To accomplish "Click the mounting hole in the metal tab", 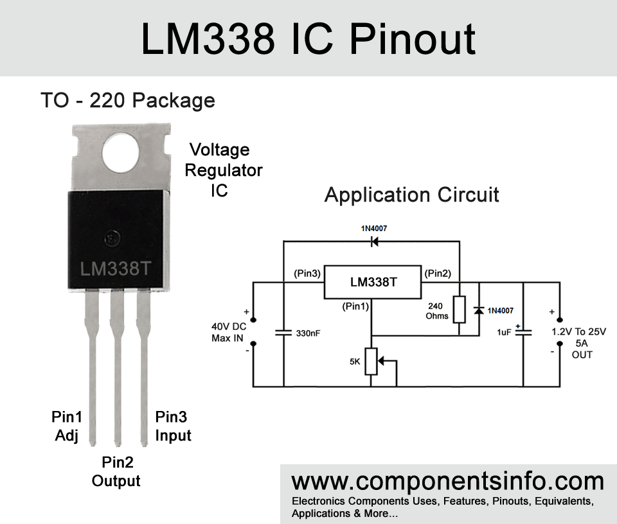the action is (120, 153).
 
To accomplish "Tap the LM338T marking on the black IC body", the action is (115, 269).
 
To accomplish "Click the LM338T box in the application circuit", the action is (373, 282).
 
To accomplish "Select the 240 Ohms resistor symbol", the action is (459, 310).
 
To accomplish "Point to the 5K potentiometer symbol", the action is (371, 362).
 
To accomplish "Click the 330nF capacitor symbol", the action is (283, 333).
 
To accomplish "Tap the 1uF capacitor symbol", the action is (523, 331).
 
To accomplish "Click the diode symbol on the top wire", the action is (374, 241).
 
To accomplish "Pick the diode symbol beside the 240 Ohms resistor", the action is (479, 311).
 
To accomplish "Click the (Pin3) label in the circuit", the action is (307, 273).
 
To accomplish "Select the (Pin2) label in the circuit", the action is (438, 273).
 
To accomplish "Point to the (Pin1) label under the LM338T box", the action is (355, 306).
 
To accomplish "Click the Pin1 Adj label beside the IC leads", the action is (66, 426).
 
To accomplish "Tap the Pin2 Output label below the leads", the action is (116, 471).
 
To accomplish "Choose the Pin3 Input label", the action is (173, 426).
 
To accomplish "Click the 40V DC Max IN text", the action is (229, 332).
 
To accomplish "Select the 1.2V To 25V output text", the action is (579, 331).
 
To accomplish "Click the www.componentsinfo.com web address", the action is (447, 481).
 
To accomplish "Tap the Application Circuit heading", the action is (411, 195).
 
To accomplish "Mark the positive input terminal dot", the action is (253, 320).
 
